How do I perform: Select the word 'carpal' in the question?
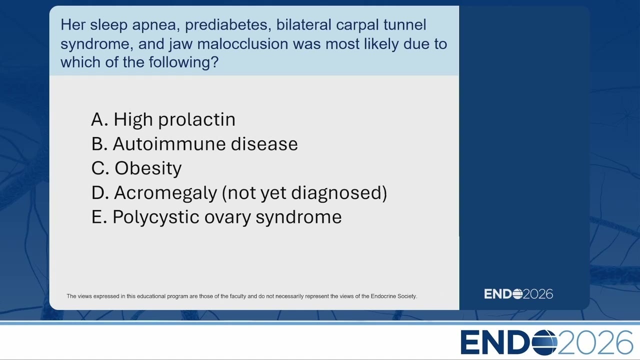coord(357,25)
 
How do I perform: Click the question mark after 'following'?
coord(214,61)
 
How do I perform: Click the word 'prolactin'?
coord(197,119)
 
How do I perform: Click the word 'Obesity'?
coord(148,168)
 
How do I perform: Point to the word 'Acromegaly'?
coord(165,193)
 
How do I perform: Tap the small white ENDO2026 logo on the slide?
coord(518,294)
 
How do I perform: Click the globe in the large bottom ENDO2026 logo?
coord(544,342)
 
